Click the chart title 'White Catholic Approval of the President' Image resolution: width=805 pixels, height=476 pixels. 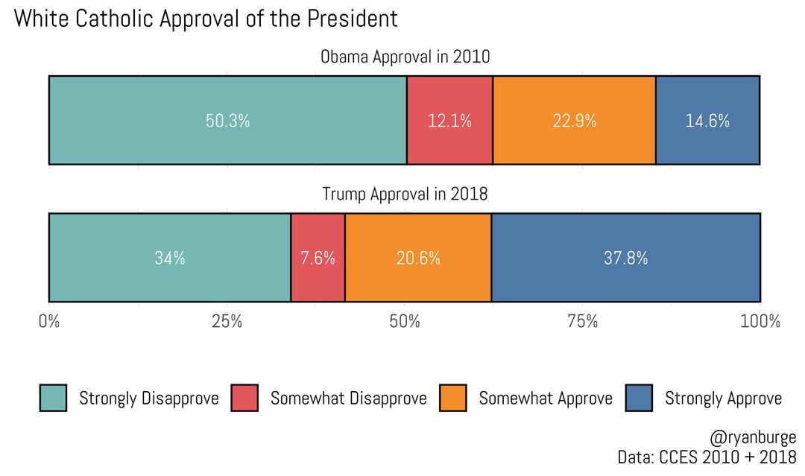coord(206,19)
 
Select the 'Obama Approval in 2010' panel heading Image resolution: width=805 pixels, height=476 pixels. coord(405,57)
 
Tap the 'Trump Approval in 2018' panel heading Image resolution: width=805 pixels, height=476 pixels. coord(405,194)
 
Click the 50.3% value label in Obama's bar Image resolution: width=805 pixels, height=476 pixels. coord(227,121)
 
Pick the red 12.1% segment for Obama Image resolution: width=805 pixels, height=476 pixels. coord(449,121)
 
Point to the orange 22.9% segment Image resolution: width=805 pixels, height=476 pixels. coord(574,121)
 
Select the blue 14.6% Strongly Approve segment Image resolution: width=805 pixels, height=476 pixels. coord(707,121)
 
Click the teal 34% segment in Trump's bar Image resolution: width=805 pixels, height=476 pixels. coord(169,258)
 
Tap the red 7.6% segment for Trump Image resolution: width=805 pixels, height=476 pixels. coord(318,258)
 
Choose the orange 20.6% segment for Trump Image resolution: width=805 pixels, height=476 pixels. coord(418,258)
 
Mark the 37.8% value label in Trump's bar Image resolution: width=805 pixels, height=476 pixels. coord(625,258)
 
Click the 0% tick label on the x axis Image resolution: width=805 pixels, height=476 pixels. coord(49,322)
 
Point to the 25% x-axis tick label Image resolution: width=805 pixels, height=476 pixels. coord(227,322)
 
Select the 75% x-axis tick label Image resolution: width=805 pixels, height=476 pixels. coord(582,322)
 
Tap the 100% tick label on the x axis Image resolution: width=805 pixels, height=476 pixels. coord(760,322)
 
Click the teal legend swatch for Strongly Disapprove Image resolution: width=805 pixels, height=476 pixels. coord(53,398)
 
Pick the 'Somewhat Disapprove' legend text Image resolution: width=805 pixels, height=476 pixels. coord(348,399)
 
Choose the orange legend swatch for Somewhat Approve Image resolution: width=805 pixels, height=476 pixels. coord(453,398)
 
